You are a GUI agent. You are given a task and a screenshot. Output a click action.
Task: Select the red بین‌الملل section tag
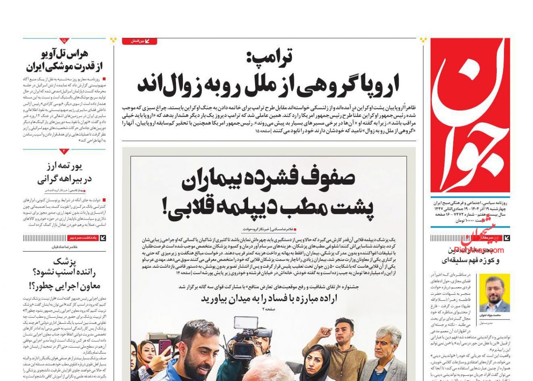click(139, 41)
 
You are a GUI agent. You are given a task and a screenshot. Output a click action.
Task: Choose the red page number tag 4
click(64, 152)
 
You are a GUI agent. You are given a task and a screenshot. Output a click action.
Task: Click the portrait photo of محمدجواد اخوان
click(494, 293)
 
